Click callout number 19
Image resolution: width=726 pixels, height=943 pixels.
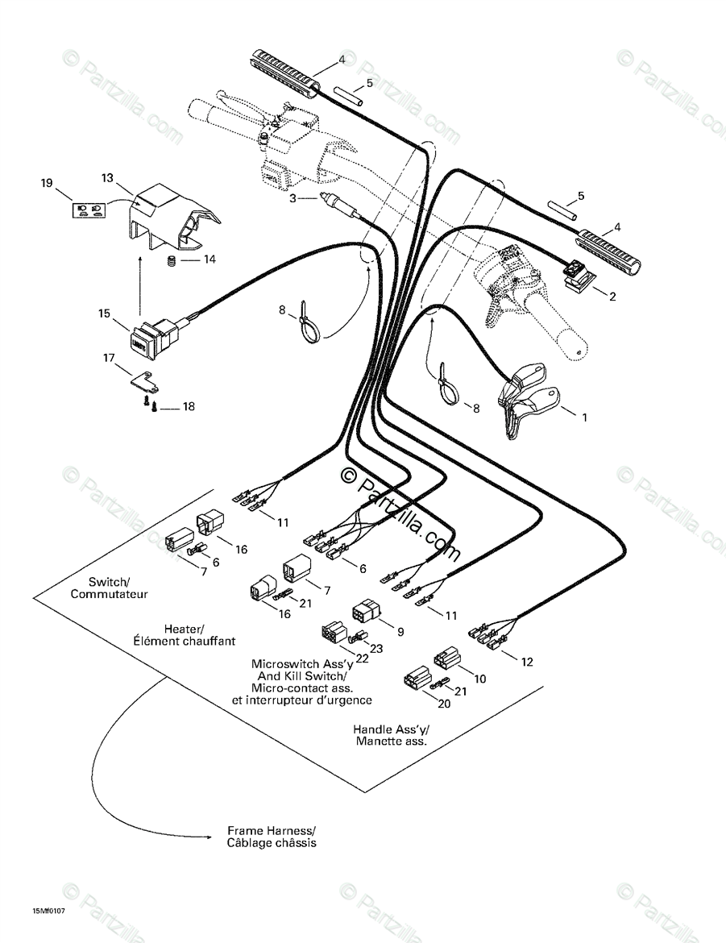47,183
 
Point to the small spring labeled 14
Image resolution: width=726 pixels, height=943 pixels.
171,260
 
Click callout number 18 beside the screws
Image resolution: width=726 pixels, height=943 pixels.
189,407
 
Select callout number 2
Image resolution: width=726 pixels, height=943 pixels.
612,297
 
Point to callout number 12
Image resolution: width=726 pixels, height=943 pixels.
527,662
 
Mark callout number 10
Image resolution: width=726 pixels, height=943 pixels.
480,679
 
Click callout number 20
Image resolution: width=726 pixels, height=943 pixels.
443,703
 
